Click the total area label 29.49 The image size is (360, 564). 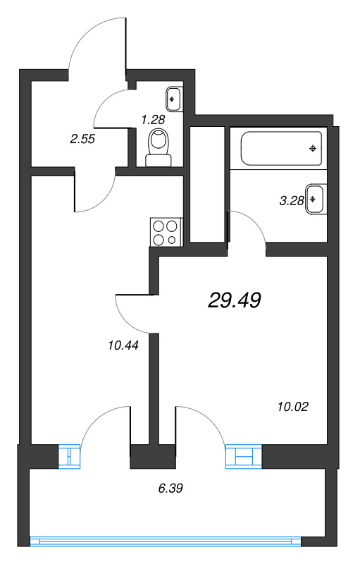coord(235,301)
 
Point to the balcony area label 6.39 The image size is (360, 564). coord(170,487)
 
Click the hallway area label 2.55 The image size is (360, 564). coord(82,139)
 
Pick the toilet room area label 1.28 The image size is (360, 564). coord(153,119)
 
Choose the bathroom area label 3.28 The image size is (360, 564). coord(291,200)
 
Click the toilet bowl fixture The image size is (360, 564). coord(159,148)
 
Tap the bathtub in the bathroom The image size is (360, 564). coord(281,148)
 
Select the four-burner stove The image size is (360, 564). coord(166,233)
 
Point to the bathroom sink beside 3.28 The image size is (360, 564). coord(316,199)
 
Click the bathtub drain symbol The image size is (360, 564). coord(313,148)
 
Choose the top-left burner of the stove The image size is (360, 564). coord(159,226)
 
